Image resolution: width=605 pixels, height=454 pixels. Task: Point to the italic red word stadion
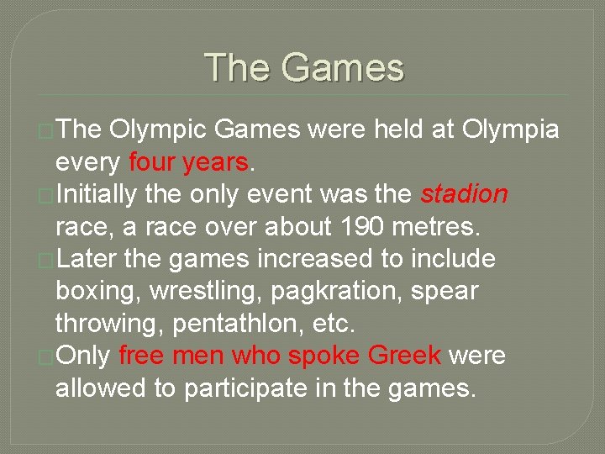(x=464, y=194)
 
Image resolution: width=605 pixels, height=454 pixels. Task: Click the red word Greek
(x=405, y=356)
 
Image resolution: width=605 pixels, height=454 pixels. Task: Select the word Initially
(x=97, y=195)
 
